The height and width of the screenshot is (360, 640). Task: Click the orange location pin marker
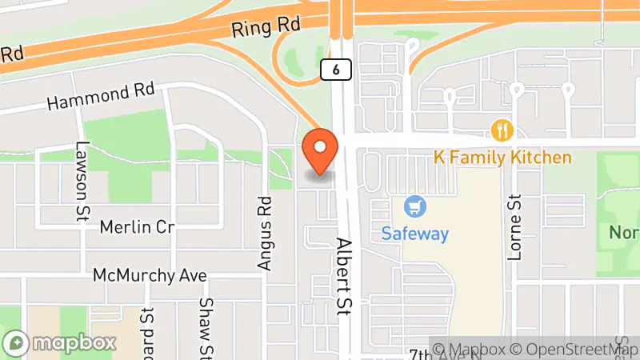[320, 150]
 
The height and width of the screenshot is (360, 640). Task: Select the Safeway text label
[414, 234]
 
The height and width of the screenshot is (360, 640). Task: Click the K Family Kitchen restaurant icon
[502, 130]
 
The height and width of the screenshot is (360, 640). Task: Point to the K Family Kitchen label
[502, 158]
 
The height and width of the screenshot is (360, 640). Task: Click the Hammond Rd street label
[100, 97]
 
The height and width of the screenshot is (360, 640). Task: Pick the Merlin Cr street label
[137, 227]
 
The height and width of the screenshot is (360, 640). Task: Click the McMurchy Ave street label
[150, 275]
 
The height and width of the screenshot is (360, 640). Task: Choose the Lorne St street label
[514, 227]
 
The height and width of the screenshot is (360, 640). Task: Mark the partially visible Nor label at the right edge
[623, 233]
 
